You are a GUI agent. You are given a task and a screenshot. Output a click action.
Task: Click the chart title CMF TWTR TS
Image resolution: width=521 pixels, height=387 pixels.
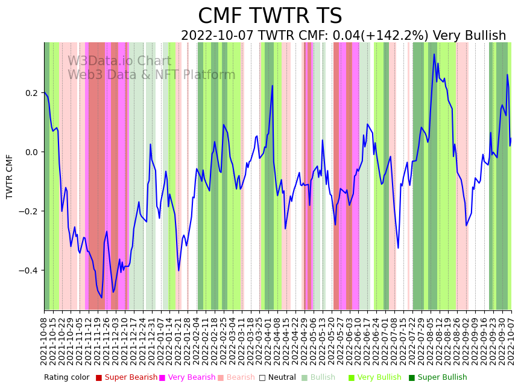[270, 16]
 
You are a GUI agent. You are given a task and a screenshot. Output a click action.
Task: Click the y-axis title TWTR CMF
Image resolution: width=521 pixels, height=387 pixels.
[10, 176]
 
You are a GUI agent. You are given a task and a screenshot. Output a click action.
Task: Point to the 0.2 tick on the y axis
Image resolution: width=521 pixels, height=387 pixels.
[31, 93]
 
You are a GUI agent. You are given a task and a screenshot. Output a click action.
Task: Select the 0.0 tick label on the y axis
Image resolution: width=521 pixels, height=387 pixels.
[31, 152]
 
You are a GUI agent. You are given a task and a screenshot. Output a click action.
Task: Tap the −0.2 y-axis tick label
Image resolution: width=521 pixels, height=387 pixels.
[28, 211]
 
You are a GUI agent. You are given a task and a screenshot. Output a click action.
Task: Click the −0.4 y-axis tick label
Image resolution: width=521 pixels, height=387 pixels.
[28, 270]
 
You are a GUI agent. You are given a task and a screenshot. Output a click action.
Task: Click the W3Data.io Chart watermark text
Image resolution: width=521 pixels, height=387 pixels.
[119, 62]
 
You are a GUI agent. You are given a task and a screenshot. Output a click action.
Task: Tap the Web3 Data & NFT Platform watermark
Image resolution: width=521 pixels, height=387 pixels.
[151, 75]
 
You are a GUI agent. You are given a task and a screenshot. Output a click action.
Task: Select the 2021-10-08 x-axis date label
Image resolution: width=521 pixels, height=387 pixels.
[44, 341]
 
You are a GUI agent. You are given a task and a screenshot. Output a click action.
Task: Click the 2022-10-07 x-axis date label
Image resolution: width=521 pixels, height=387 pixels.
[511, 341]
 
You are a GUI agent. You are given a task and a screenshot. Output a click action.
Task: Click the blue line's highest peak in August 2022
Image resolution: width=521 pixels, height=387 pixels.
[434, 54]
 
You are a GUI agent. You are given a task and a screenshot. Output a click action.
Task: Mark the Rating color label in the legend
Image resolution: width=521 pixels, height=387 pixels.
[66, 378]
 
